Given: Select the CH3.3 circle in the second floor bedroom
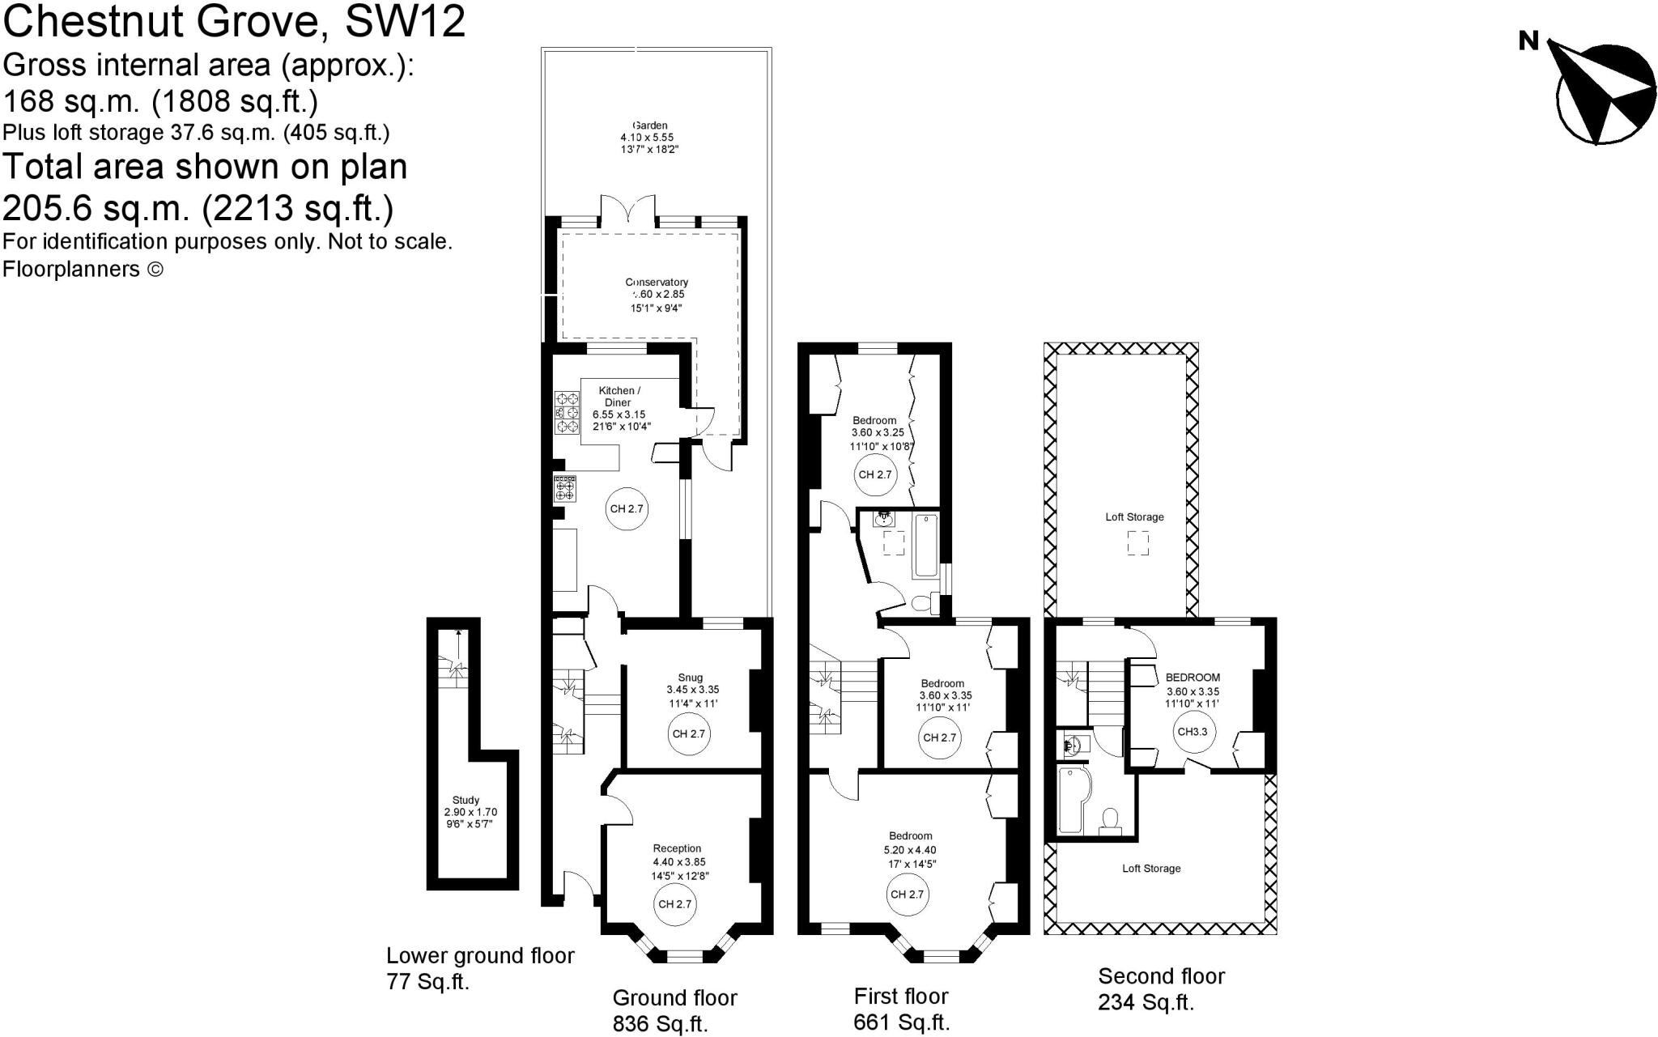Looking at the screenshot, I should pyautogui.click(x=1192, y=732).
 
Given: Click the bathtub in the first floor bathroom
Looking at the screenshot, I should pyautogui.click(x=925, y=546).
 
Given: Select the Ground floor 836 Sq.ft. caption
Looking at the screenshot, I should pyautogui.click(x=674, y=1010).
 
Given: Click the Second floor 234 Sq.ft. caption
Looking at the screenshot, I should pyautogui.click(x=1160, y=989).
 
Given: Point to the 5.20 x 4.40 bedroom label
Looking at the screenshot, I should pyautogui.click(x=910, y=850).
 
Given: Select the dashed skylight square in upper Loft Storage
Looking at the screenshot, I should pyautogui.click(x=1137, y=543).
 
